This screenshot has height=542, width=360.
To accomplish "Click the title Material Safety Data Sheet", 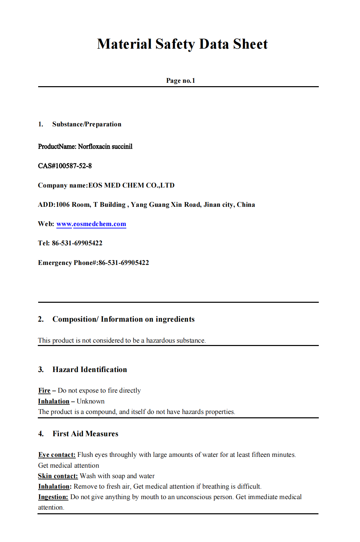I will [182, 44].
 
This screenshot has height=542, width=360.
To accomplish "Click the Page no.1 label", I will [180, 80].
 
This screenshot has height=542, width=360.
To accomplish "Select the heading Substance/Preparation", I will [86, 124].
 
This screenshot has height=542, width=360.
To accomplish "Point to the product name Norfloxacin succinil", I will [105, 146].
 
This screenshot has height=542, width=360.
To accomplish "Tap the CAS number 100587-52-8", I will [74, 166].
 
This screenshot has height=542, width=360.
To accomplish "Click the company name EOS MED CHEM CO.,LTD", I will [131, 185].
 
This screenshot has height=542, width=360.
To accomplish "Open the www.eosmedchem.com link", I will [91, 224].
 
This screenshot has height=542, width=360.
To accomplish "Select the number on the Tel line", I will [77, 243].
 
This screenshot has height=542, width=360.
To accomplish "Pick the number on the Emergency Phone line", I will [124, 263].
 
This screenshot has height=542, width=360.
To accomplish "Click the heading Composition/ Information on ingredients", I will [123, 319].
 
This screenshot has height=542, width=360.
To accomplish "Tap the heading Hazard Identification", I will [89, 369].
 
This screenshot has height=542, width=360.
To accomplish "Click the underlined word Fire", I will [44, 391].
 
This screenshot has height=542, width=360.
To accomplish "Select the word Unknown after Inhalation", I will [91, 401].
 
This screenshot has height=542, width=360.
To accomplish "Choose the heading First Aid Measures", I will [85, 434].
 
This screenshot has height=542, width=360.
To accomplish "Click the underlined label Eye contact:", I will [57, 455].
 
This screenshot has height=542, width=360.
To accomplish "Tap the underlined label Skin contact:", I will [58, 476].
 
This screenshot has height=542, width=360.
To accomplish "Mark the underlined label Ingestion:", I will [53, 497].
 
